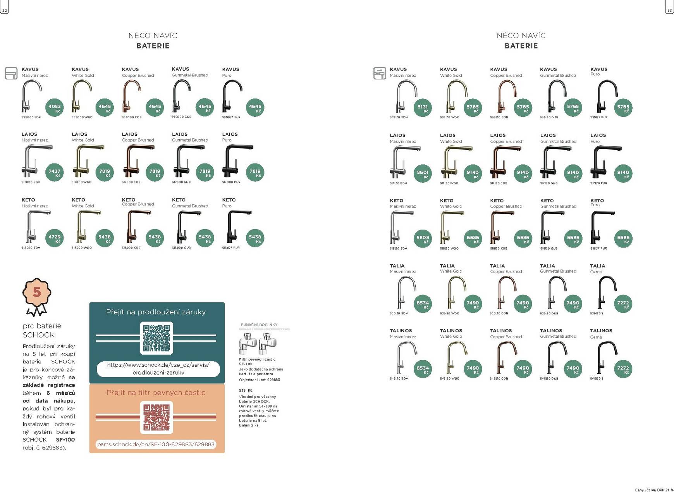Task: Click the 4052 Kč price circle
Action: pos(55,108)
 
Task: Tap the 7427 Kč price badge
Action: pos(55,173)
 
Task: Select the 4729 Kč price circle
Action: pos(55,238)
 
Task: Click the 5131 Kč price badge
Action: pos(423,108)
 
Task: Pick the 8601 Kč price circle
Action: pos(423,174)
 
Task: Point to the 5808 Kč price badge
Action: pos(423,239)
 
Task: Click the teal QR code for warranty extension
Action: pos(156,338)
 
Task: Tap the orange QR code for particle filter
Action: pos(156,418)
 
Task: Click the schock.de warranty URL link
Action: pos(158,369)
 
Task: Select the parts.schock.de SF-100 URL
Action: pos(156,444)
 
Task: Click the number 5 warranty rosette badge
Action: pos(37,292)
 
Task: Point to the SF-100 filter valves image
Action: pos(258,343)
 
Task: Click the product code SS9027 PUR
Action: pos(231,117)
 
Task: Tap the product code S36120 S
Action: pos(597,313)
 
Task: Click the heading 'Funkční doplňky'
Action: pos(259,325)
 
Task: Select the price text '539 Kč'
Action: pos(246,390)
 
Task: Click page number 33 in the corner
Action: pos(669,10)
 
